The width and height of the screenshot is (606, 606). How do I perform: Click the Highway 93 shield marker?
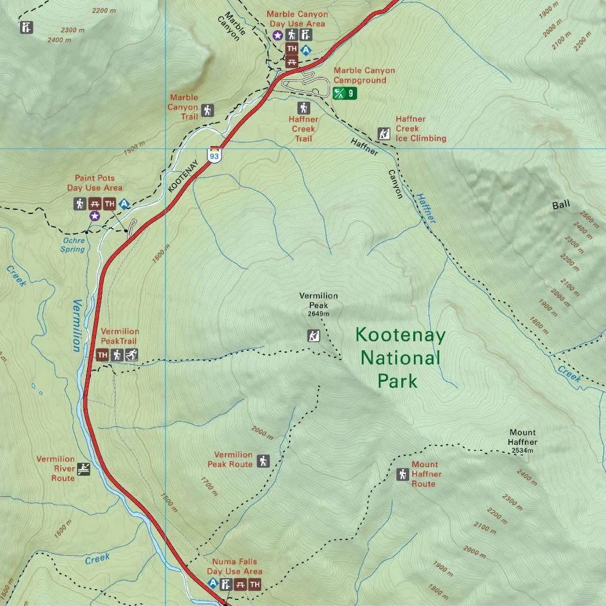pos(214,154)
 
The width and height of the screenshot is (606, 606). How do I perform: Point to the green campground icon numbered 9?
pos(345,93)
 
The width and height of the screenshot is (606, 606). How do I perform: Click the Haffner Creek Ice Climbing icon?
pos(384,134)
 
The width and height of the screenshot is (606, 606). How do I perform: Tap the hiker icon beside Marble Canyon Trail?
pos(208,110)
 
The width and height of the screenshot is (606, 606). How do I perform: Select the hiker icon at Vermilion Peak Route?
pos(263,461)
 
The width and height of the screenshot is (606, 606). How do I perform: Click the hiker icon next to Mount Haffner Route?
pos(402,474)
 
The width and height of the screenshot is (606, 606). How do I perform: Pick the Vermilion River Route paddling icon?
pos(84,468)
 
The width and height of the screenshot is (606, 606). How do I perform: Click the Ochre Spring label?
pos(73,245)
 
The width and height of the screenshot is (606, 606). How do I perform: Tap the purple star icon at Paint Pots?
pos(94,216)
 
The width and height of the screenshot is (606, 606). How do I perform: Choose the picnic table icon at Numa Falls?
pos(239,584)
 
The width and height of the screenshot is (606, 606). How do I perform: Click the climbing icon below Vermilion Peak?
pos(313,335)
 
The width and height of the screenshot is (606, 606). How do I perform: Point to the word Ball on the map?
pos(561,205)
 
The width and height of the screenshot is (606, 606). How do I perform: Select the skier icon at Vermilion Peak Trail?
pos(132,355)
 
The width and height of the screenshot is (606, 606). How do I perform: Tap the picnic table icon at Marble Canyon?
pos(292,61)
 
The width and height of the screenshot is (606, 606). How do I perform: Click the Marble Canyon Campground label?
pos(364,75)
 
